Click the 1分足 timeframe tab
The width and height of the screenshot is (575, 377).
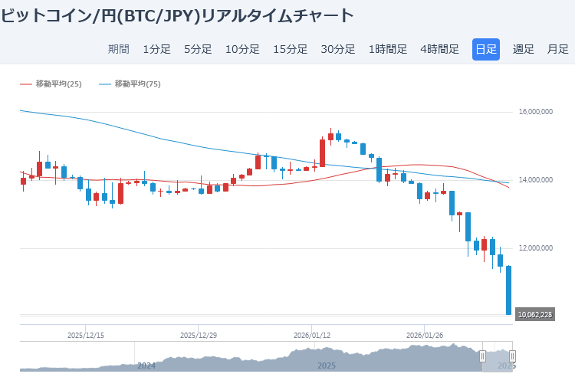(x=156, y=49)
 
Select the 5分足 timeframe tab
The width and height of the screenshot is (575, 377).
(x=198, y=49)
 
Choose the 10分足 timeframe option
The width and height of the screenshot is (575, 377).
(x=242, y=49)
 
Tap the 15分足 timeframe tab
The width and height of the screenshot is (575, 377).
(x=290, y=49)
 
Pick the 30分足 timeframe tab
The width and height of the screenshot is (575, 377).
(x=337, y=49)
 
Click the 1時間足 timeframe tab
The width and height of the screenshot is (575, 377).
(x=388, y=49)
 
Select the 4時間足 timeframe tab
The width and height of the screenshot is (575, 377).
(x=439, y=49)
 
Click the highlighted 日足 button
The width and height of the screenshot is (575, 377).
(x=486, y=49)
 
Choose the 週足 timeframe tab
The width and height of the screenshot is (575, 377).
(x=524, y=49)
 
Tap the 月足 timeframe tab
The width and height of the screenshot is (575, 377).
(x=557, y=49)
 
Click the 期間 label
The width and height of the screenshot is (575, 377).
(x=119, y=49)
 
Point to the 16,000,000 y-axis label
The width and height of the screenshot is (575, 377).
(x=536, y=112)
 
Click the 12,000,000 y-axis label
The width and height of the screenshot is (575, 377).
(x=536, y=248)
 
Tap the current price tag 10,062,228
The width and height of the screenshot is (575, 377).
(x=535, y=314)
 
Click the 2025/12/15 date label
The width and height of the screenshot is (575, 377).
(x=86, y=335)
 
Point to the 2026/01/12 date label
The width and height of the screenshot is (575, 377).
(x=312, y=335)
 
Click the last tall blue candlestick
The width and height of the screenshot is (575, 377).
(x=508, y=290)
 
